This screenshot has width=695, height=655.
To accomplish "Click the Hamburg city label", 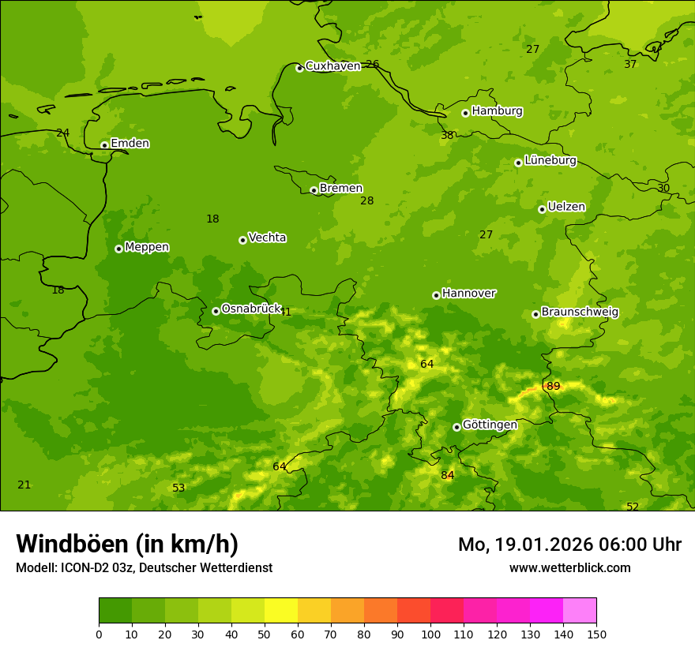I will tap(497, 111).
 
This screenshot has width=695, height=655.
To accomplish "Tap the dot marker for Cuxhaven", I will tap(299, 68).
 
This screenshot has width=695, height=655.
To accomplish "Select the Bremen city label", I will tap(340, 189).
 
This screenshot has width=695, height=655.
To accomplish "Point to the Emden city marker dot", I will tap(104, 145).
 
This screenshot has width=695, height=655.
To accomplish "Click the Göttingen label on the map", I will tap(490, 425).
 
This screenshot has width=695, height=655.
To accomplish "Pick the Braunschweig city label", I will tap(580, 313).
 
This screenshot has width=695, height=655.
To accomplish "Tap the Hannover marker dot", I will tap(436, 295).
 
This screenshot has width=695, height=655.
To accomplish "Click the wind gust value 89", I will tap(553, 386).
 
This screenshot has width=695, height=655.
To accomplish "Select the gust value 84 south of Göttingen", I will tap(448, 475).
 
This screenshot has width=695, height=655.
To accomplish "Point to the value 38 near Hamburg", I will tap(447, 136).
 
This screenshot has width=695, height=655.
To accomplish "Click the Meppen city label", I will tap(147, 247).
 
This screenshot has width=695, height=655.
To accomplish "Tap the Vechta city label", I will tap(267, 238).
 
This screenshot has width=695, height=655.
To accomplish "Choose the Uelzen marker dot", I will tap(542, 209).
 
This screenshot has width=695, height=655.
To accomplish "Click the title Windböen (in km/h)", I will tap(127, 544).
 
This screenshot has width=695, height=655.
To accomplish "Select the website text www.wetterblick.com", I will tap(569, 567).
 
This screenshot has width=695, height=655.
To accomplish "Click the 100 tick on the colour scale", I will tap(430, 634).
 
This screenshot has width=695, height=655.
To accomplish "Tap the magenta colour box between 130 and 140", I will tap(547, 610).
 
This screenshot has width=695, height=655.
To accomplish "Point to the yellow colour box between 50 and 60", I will tap(281, 610).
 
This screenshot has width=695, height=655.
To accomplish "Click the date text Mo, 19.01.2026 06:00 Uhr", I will tap(569, 545).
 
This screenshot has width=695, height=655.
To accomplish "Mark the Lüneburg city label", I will tap(550, 160).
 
